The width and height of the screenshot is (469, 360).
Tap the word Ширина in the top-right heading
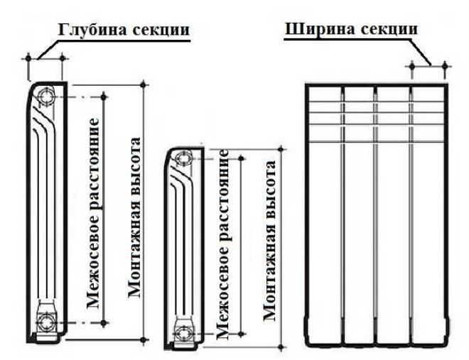(x=317, y=29)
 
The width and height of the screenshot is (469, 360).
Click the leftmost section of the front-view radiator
(x=324, y=213)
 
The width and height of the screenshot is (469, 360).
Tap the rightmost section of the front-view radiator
(x=428, y=213)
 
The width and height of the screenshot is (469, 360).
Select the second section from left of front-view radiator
(x=359, y=213)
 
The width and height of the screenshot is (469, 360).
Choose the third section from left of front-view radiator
(x=393, y=213)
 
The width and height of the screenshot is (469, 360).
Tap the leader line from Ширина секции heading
(x=424, y=53)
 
